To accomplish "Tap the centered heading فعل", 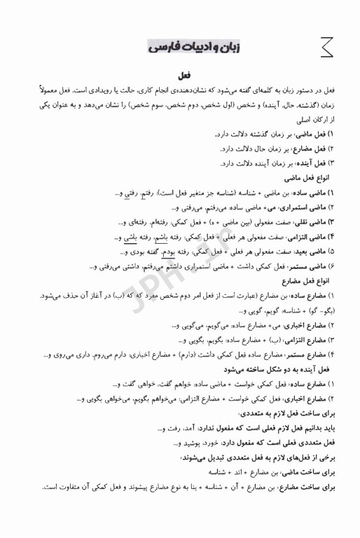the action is pyautogui.click(x=186, y=74).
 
